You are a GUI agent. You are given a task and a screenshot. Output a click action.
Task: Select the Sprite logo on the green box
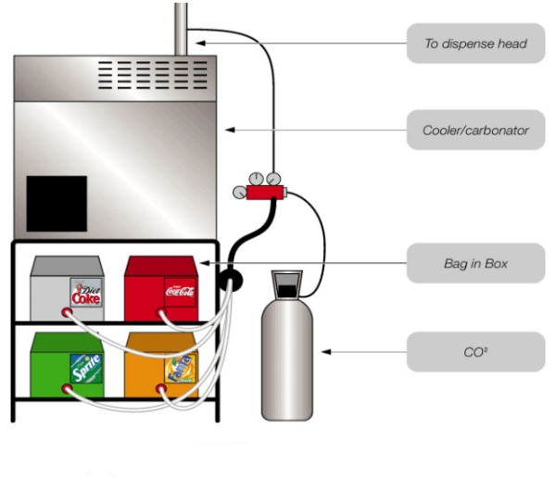85,367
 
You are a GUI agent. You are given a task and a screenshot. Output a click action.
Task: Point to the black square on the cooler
57,203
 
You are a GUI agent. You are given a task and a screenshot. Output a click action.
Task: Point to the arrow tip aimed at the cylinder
323,352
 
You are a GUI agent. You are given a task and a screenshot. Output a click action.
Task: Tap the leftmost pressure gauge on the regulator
240,192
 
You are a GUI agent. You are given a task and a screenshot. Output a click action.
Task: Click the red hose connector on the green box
66,390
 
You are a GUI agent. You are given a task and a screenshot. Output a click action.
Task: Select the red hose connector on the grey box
66,314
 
